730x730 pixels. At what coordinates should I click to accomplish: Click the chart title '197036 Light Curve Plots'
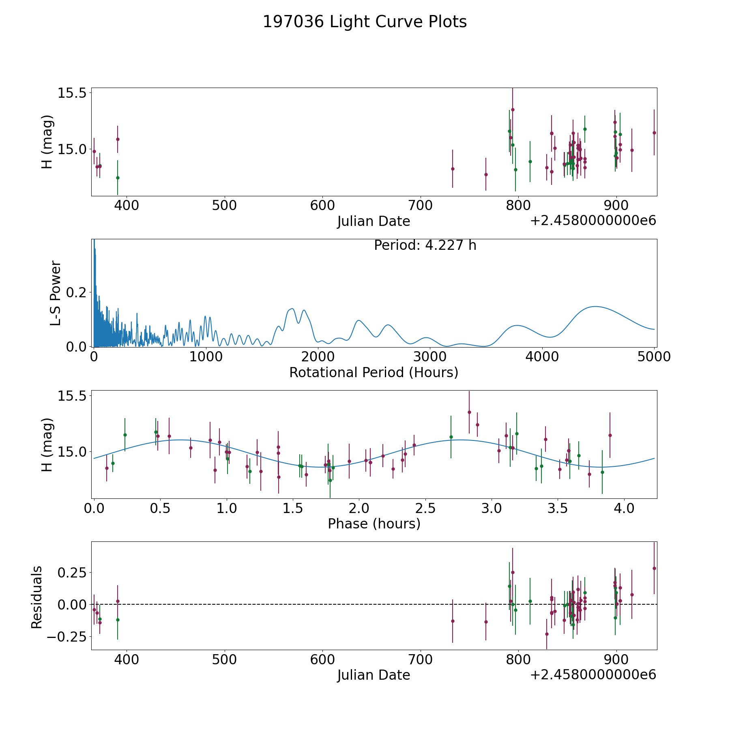(x=365, y=22)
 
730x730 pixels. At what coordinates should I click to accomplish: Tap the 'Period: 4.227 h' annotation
(x=425, y=245)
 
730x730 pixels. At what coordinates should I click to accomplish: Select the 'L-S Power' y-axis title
(x=56, y=293)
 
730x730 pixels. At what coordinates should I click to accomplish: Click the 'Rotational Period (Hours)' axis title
(x=374, y=372)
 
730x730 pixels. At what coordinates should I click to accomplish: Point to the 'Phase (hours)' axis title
(x=374, y=524)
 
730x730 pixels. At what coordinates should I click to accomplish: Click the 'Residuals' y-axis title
(x=36, y=597)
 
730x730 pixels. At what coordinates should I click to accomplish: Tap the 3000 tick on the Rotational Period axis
(x=430, y=357)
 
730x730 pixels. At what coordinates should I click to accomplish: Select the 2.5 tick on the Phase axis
(x=425, y=508)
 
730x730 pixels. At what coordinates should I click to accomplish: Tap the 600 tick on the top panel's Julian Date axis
(x=322, y=206)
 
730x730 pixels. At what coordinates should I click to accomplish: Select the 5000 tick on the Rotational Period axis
(x=654, y=357)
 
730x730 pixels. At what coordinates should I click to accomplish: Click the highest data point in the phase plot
(x=469, y=412)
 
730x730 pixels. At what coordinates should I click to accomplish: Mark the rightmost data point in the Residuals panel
(x=654, y=568)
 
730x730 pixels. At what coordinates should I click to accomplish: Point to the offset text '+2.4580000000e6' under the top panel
(x=593, y=221)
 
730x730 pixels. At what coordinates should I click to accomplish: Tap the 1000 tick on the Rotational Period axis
(x=206, y=357)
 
